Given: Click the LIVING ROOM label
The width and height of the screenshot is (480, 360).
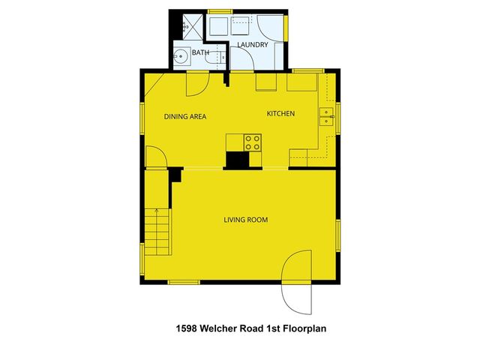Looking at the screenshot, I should (x=246, y=220).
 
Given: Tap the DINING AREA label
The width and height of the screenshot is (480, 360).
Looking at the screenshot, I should (x=185, y=116).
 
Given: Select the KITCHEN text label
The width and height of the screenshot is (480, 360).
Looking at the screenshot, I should (x=281, y=114).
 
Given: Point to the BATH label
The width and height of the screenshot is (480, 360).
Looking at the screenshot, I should (x=200, y=53).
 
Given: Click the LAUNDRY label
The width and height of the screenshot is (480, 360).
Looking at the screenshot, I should (x=253, y=45).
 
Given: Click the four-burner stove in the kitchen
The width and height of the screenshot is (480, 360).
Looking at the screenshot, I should (x=253, y=142).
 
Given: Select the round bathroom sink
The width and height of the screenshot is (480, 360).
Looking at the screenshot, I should (x=181, y=57).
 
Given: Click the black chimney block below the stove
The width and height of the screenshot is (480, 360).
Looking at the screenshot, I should (x=239, y=160).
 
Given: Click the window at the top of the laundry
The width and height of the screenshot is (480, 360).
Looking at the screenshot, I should (x=219, y=10).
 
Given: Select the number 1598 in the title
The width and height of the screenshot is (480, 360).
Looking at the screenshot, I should (x=187, y=328).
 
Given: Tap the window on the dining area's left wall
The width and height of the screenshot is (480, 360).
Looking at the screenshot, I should (x=142, y=120).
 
